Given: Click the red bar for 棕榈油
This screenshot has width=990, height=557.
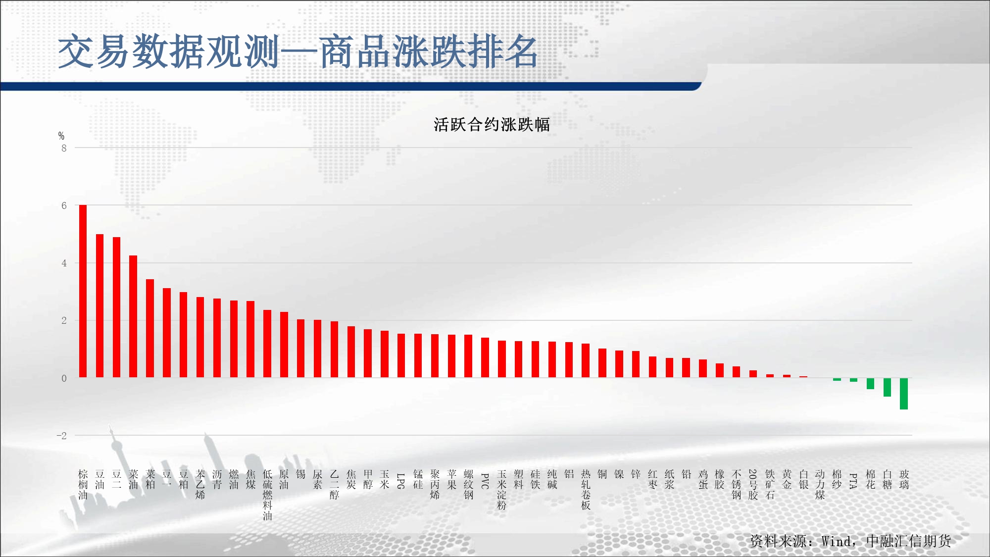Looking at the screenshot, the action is (x=83, y=291).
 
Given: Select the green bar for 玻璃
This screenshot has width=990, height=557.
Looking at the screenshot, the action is (x=904, y=394).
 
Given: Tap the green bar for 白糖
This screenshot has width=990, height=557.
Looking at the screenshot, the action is (x=887, y=387).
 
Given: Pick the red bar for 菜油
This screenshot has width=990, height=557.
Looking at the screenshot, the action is (x=133, y=316).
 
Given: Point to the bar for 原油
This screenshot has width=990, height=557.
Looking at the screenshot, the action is (x=284, y=345).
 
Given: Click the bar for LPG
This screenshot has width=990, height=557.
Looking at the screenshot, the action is (x=401, y=355).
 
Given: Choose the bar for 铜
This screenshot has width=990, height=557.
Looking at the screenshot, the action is (x=602, y=363).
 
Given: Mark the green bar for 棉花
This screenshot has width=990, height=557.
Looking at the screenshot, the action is (x=870, y=383).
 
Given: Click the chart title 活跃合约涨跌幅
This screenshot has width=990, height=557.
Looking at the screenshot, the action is (x=492, y=125).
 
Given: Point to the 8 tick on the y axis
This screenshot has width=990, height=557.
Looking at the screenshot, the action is (x=64, y=148).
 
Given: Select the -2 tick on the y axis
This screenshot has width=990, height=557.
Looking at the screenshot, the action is (x=61, y=436).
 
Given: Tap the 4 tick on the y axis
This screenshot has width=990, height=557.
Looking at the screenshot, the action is (x=64, y=263).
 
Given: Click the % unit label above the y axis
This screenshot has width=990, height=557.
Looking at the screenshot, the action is (x=61, y=136).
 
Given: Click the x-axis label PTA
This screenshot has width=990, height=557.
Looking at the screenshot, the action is (x=853, y=481).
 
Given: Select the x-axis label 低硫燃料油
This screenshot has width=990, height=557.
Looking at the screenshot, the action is (x=267, y=495).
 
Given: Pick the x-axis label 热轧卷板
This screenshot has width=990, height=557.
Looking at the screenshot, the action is (x=586, y=490).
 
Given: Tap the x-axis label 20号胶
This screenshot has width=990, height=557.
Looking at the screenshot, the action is (x=753, y=485).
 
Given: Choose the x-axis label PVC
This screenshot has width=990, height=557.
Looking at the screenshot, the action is (x=485, y=481).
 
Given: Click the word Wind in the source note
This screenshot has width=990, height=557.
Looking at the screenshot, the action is (x=837, y=541).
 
